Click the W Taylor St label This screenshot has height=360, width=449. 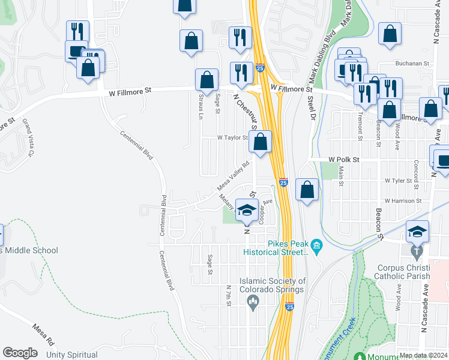tap(232, 138)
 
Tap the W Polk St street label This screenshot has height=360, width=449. tap(343, 160)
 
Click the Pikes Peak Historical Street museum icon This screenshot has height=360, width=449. tap(317, 246)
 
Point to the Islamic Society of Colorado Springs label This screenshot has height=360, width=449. tap(273, 284)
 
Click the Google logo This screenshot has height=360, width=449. tap(20, 353)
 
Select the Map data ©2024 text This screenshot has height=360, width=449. tap(423, 355)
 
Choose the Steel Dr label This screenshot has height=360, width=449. tap(312, 109)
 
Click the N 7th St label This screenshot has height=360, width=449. tap(229, 295)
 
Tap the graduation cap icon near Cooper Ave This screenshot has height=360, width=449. tap(246, 210)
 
